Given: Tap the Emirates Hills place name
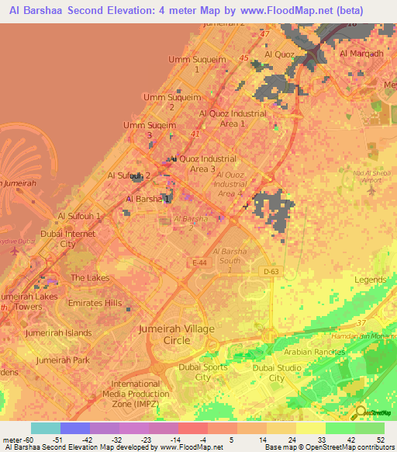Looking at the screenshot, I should [95, 303].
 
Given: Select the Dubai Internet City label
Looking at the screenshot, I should [69, 238].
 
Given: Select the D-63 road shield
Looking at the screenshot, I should [270, 271].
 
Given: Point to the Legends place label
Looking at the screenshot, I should [369, 280].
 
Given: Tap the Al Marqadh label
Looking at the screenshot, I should [361, 54].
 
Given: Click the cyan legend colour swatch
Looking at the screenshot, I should [46, 428].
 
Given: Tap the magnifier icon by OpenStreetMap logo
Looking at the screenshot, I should [360, 412].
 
